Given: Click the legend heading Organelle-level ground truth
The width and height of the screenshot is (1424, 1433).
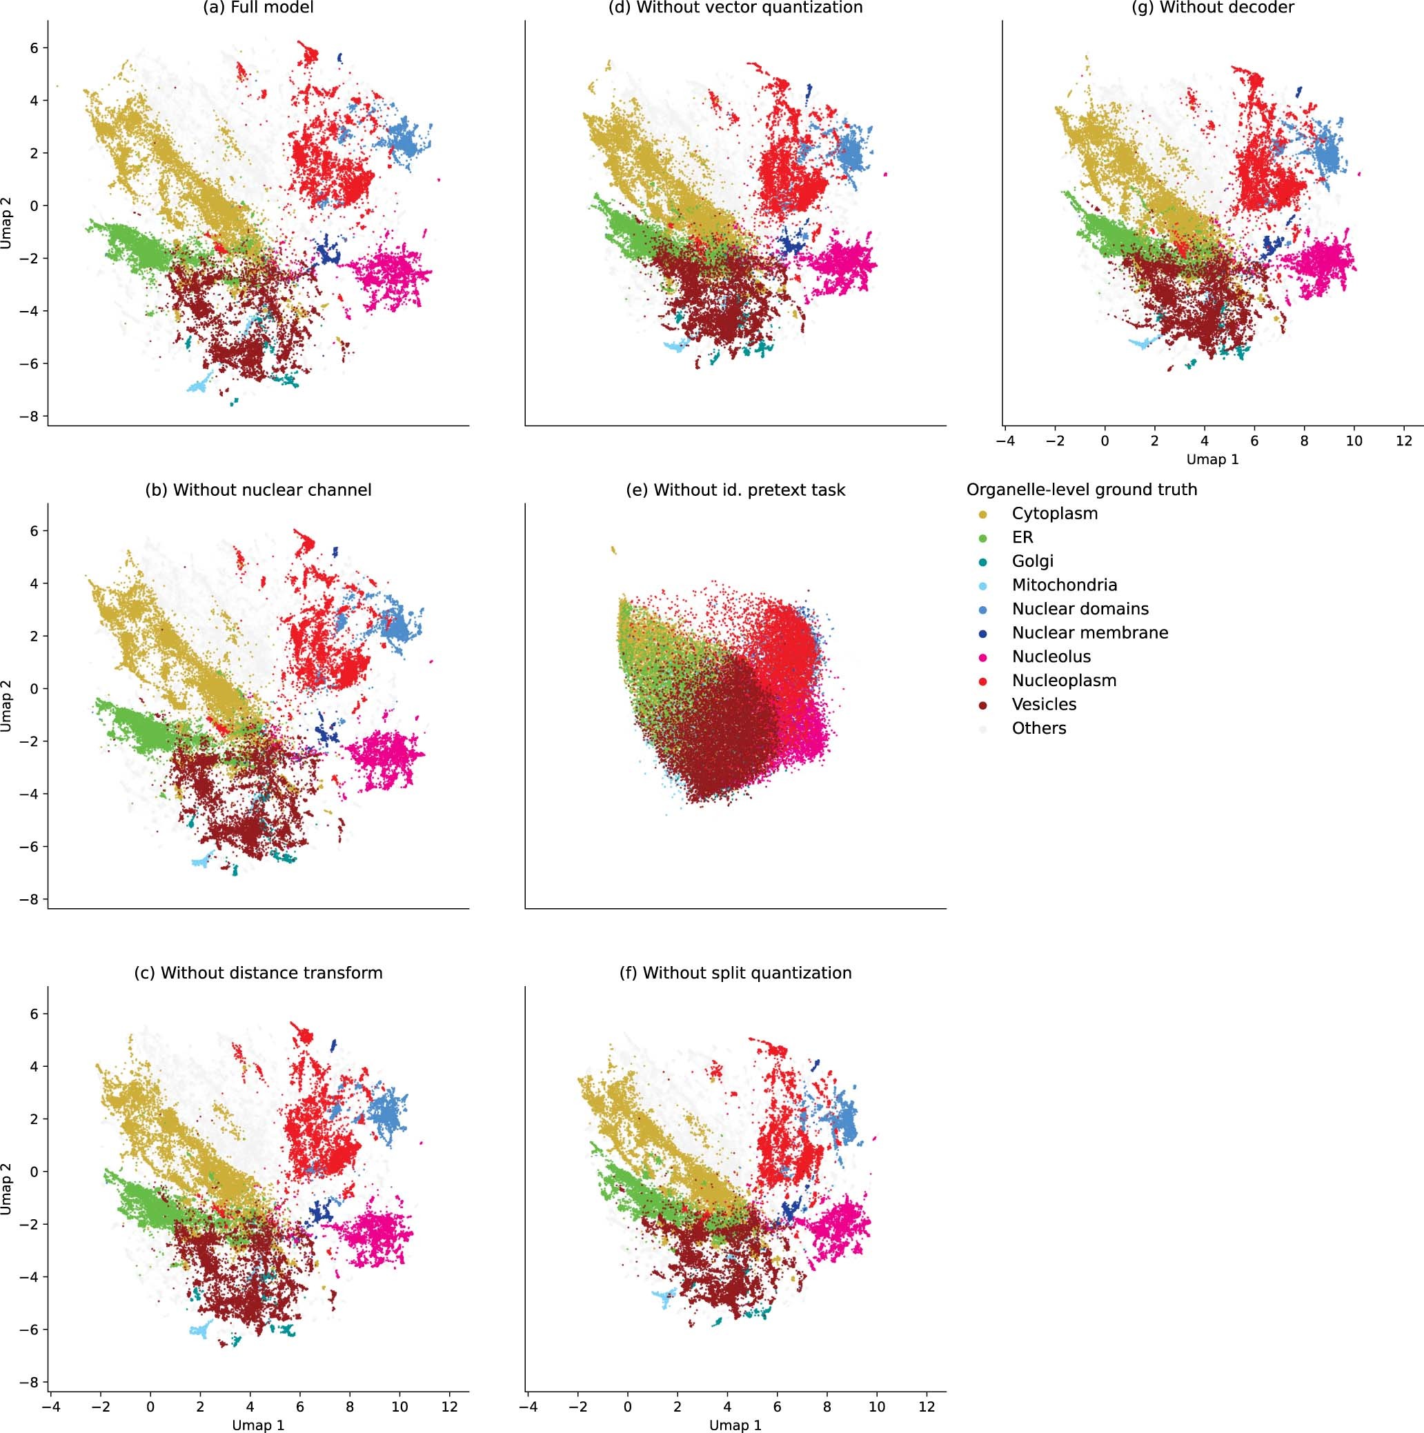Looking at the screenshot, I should pos(1081,490).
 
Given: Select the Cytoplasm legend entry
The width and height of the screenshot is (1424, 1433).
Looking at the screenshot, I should pos(1054,513).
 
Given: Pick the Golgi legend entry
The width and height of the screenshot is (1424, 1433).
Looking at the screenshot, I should pos(1032,561).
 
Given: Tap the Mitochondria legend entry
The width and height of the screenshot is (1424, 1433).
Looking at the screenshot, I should pos(1064,585).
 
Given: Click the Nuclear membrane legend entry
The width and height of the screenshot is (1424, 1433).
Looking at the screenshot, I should pos(1089,632).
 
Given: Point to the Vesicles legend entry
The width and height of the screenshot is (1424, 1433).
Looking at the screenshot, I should pos(1043,704).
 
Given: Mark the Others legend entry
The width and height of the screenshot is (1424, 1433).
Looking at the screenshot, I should pos(1038,728).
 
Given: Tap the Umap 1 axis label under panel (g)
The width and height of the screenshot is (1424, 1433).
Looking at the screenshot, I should pos(1212,459).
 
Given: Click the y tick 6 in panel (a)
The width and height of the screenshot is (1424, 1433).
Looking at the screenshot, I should pos(33,48).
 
